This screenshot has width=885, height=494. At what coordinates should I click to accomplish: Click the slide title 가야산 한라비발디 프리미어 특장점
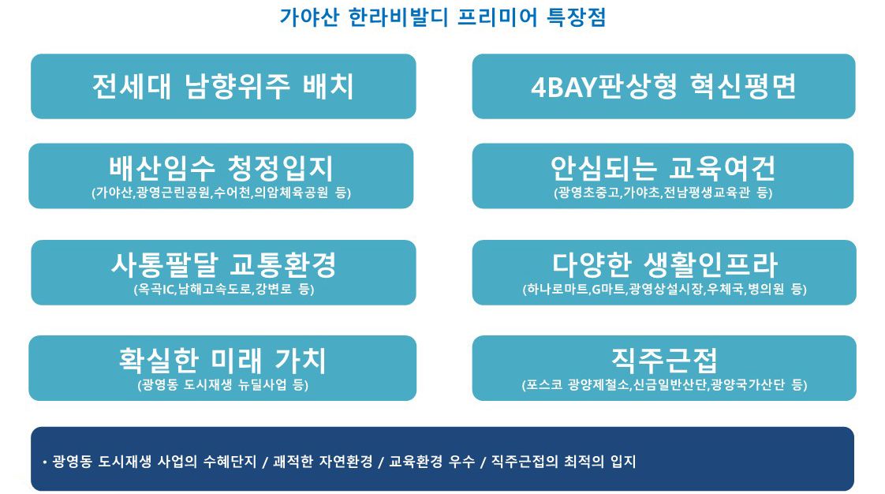click(x=442, y=17)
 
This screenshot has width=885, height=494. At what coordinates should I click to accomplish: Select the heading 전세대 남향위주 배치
click(x=223, y=86)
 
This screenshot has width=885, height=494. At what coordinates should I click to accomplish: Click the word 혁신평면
click(x=743, y=86)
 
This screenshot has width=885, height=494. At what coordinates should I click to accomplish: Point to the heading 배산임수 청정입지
click(x=221, y=167)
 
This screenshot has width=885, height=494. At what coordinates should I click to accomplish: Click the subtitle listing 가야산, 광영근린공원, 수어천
click(x=221, y=193)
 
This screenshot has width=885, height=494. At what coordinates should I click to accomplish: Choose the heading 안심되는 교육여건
click(x=663, y=167)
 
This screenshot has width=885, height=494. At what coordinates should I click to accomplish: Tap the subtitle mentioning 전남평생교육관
click(x=663, y=193)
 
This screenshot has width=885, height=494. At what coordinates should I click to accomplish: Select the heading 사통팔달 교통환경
click(x=223, y=264)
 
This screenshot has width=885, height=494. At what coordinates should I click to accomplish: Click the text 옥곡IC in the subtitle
click(x=155, y=289)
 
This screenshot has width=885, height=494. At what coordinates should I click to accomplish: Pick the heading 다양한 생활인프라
click(x=665, y=264)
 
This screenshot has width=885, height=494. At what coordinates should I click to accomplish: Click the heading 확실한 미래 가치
click(x=222, y=360)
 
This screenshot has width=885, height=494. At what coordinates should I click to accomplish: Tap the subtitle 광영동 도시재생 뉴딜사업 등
click(x=223, y=385)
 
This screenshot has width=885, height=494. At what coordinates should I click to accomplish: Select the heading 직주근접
click(x=664, y=360)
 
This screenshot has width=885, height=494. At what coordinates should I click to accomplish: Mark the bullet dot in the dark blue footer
click(x=45, y=462)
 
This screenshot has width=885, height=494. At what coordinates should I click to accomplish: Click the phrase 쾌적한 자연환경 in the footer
click(x=323, y=462)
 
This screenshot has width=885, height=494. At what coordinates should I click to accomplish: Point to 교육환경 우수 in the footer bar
click(x=432, y=462)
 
